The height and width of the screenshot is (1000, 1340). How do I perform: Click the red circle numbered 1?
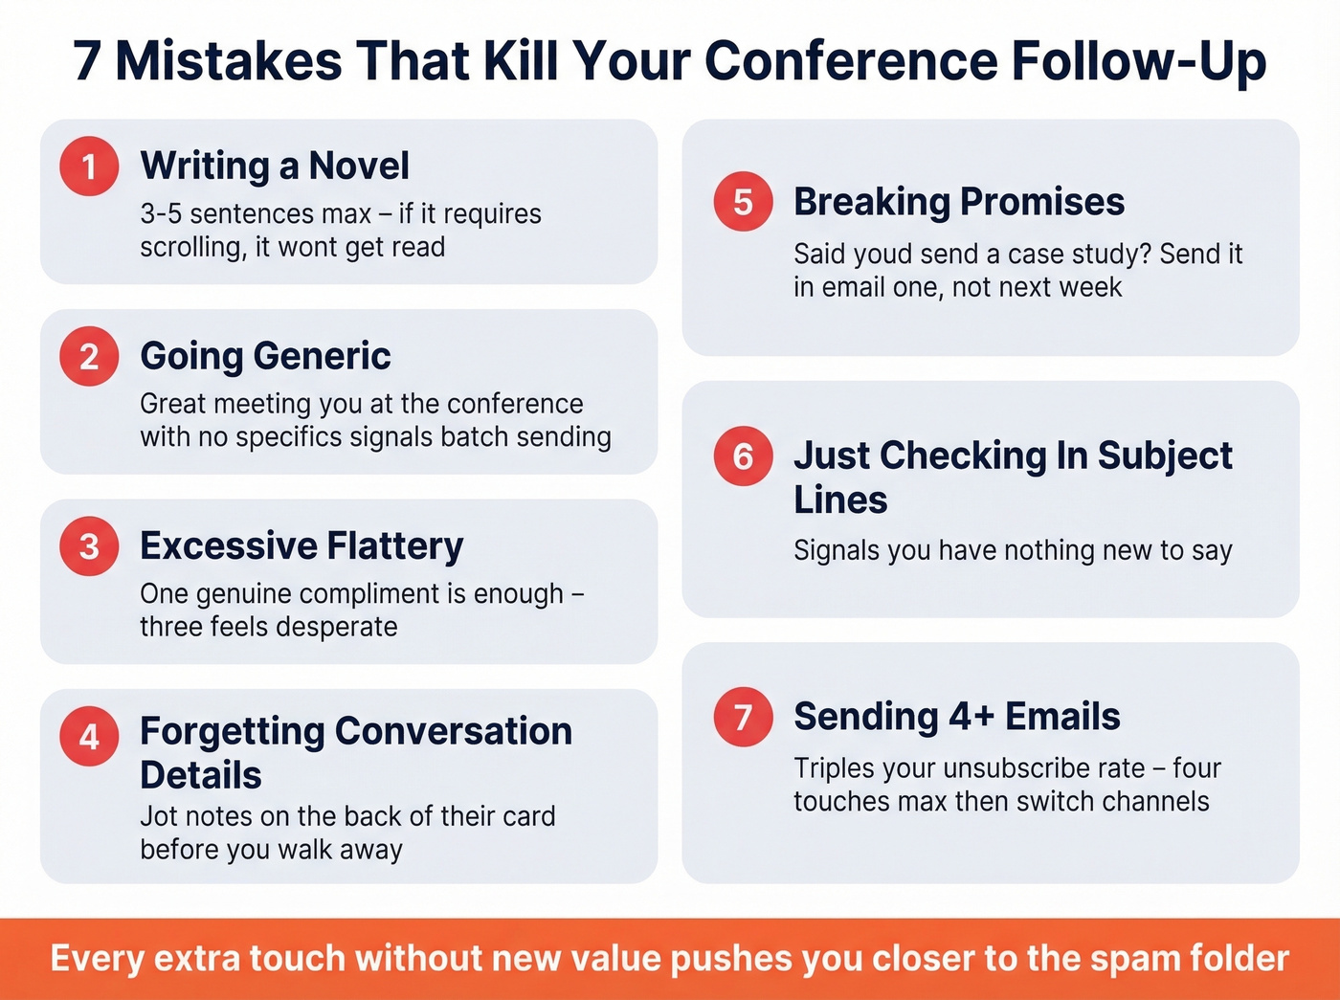click(x=89, y=166)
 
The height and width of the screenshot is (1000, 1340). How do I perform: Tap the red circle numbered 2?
click(x=89, y=356)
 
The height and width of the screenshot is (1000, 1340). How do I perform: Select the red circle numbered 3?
click(x=89, y=545)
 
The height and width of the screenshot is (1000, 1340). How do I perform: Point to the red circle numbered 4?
click(x=89, y=736)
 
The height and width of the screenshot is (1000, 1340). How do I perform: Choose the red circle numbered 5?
click(x=743, y=202)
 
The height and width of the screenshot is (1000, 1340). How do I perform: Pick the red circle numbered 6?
click(x=743, y=456)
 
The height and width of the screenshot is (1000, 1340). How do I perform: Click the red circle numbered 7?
click(x=743, y=716)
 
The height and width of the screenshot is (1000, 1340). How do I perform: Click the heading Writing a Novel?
click(x=275, y=166)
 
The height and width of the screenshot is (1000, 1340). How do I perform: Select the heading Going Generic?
click(x=265, y=356)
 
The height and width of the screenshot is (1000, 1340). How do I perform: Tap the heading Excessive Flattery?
click(x=301, y=545)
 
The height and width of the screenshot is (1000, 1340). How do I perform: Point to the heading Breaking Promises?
click(x=959, y=202)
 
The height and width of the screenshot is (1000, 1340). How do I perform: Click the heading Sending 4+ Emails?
click(x=956, y=716)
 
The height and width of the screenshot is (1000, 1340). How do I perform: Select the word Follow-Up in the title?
click(x=1139, y=62)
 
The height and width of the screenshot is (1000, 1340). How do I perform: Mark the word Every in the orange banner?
click(x=97, y=959)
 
